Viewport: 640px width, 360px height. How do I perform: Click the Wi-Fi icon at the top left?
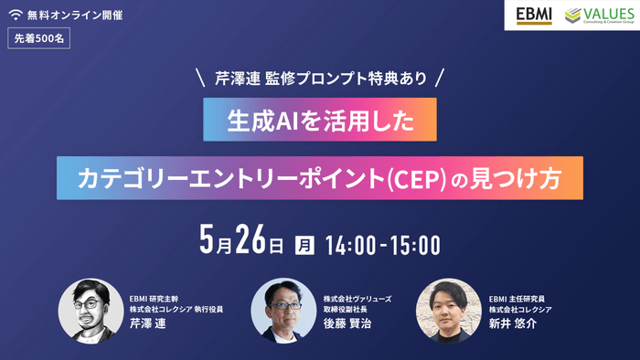click(x=16, y=16)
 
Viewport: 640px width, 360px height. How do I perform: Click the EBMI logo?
click(x=533, y=16)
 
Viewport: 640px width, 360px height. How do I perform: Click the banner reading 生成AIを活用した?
click(x=320, y=122)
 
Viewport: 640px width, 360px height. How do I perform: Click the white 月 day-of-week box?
click(x=304, y=245)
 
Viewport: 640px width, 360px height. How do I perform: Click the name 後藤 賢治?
click(x=348, y=325)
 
